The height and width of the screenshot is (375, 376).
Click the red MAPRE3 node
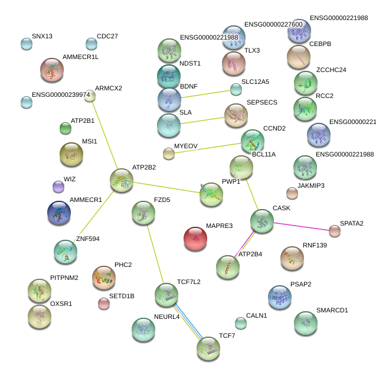195,239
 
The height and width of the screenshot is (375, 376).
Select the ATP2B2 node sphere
122,180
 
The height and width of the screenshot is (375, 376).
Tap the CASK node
261,221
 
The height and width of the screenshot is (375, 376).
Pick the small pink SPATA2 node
335,231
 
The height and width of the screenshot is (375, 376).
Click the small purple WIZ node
58,187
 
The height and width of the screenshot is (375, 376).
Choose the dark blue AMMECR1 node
59,213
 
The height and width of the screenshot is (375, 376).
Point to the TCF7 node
208,349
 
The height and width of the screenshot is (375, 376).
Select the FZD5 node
143,213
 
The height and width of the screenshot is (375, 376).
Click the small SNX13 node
27,43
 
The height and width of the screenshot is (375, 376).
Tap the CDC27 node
91,44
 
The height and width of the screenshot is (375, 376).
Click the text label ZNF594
88,239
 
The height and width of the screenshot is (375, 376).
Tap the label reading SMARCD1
332,309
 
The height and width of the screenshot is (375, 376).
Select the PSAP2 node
279,298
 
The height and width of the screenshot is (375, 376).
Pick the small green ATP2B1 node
66,128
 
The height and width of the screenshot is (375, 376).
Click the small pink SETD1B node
104,304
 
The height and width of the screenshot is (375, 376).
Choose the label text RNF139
315,244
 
